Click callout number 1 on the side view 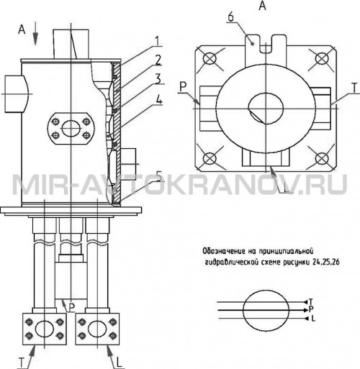pos(158,41)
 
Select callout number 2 pos(158,60)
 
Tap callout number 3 pos(158,79)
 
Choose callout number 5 pos(159,176)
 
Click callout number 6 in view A pos(230,17)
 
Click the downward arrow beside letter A pos(35,33)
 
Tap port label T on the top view pos(355,88)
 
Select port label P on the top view pos(183,87)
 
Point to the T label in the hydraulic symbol pos(311,301)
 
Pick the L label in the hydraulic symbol pos(313,319)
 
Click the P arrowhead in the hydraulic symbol pos(305,310)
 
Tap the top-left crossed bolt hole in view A pos(210,58)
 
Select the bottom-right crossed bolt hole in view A pos(322,158)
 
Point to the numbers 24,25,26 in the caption pos(326,263)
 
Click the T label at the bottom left pos(22,363)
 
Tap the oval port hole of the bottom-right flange pos(97,329)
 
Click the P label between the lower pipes pos(71,308)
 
